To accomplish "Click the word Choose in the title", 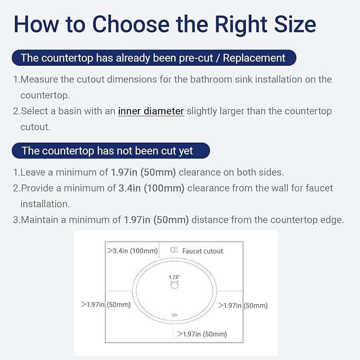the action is [x=131, y=24].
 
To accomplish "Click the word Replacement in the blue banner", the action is [x=254, y=58].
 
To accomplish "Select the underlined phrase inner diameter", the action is [x=151, y=111].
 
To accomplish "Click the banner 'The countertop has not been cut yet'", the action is [x=111, y=151].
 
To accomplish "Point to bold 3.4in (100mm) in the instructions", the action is [x=152, y=188].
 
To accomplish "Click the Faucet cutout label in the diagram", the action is [x=203, y=251].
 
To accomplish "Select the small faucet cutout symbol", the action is [x=174, y=250].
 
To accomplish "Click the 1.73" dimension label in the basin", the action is [x=174, y=277].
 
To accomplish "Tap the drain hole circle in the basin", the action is [x=174, y=285].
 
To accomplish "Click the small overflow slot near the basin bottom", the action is [x=174, y=315].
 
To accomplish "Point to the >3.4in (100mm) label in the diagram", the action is [x=133, y=250].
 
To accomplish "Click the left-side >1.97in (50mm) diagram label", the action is [x=106, y=304].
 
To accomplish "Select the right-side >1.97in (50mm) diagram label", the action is [x=243, y=305].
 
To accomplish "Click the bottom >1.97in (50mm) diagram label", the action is [x=202, y=334].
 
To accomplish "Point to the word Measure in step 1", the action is [x=39, y=80].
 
